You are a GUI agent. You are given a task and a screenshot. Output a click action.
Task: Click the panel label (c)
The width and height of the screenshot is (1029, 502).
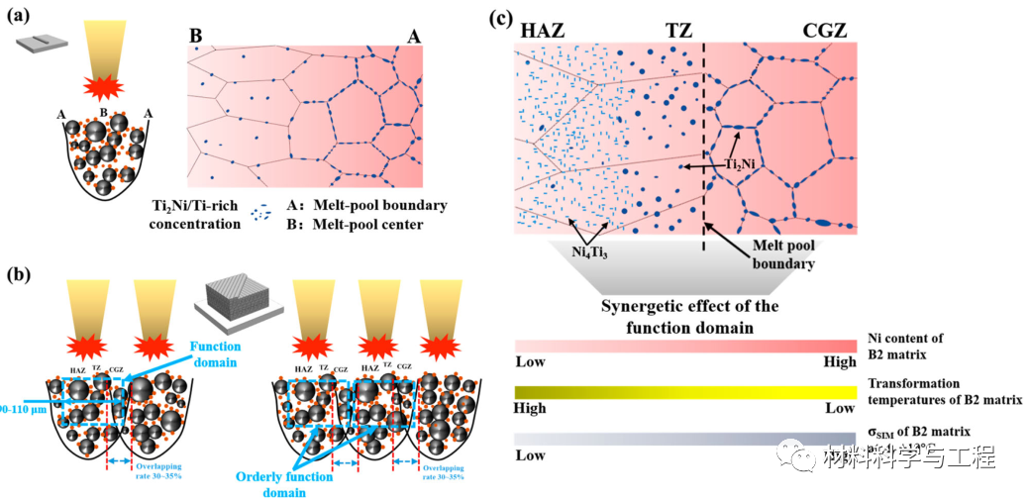[x=502, y=17]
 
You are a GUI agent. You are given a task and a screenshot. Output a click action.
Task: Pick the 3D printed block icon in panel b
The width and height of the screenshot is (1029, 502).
[x=235, y=294]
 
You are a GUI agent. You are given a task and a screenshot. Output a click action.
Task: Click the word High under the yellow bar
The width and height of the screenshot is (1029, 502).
[x=530, y=408]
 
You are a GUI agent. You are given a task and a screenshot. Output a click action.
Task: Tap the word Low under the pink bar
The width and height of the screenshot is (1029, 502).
[x=530, y=362]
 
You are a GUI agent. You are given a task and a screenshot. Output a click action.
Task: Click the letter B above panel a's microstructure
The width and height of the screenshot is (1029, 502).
[x=196, y=37]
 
